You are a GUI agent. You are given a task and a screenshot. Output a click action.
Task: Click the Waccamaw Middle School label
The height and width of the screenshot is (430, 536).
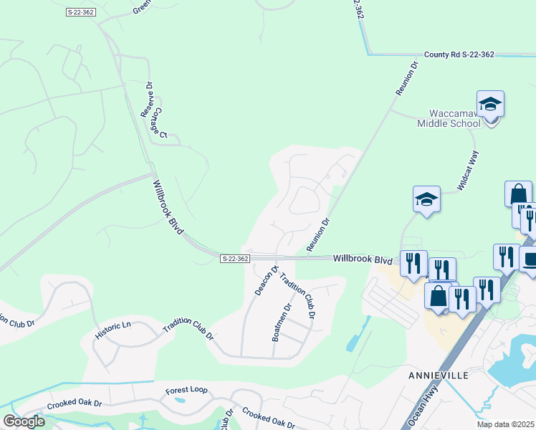tap(449, 118)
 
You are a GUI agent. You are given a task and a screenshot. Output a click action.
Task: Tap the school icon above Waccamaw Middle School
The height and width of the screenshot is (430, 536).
tap(490, 105)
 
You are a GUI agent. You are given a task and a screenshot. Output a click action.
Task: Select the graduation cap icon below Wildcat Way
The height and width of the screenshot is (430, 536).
tap(426, 199)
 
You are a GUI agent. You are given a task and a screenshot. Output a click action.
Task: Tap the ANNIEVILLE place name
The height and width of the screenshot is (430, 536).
tap(439, 376)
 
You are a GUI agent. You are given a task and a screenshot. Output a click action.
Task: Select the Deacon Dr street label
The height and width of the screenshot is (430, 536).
tap(266, 280)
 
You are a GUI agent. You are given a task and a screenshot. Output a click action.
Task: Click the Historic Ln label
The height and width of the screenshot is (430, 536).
tap(113, 330)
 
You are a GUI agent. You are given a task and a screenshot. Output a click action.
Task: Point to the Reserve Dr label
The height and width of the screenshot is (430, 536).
tap(147, 100)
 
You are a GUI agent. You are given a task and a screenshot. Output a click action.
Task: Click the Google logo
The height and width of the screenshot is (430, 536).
tap(24, 421)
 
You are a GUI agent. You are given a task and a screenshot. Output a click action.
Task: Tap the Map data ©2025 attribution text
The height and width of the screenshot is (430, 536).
tap(506, 424)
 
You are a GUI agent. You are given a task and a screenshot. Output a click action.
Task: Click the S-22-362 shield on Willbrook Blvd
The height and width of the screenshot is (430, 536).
tap(235, 259)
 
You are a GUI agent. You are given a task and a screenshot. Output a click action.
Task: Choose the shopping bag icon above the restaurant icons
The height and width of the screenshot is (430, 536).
tap(518, 194)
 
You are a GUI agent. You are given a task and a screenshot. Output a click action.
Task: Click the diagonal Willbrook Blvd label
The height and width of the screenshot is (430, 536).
tap(169, 206)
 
